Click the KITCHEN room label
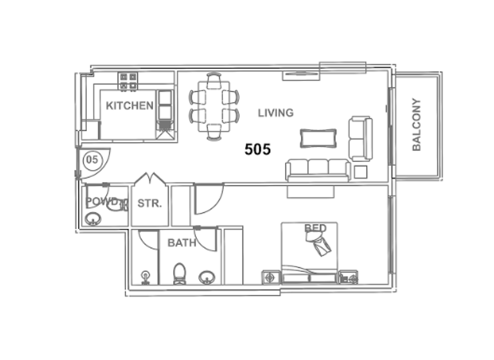(x=129, y=105)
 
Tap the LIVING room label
(x=275, y=113)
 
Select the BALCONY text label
(x=416, y=124)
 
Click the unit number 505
(x=257, y=150)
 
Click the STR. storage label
(x=149, y=204)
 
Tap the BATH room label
(x=181, y=243)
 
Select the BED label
(x=315, y=228)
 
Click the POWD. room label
(x=102, y=201)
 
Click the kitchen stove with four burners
(x=128, y=82)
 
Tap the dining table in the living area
(x=214, y=106)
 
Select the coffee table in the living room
(x=318, y=138)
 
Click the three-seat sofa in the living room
(x=318, y=169)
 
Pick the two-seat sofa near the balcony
(x=360, y=138)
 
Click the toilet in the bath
(x=179, y=274)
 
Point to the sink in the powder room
(x=93, y=219)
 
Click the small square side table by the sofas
(x=360, y=172)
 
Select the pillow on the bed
(x=320, y=243)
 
